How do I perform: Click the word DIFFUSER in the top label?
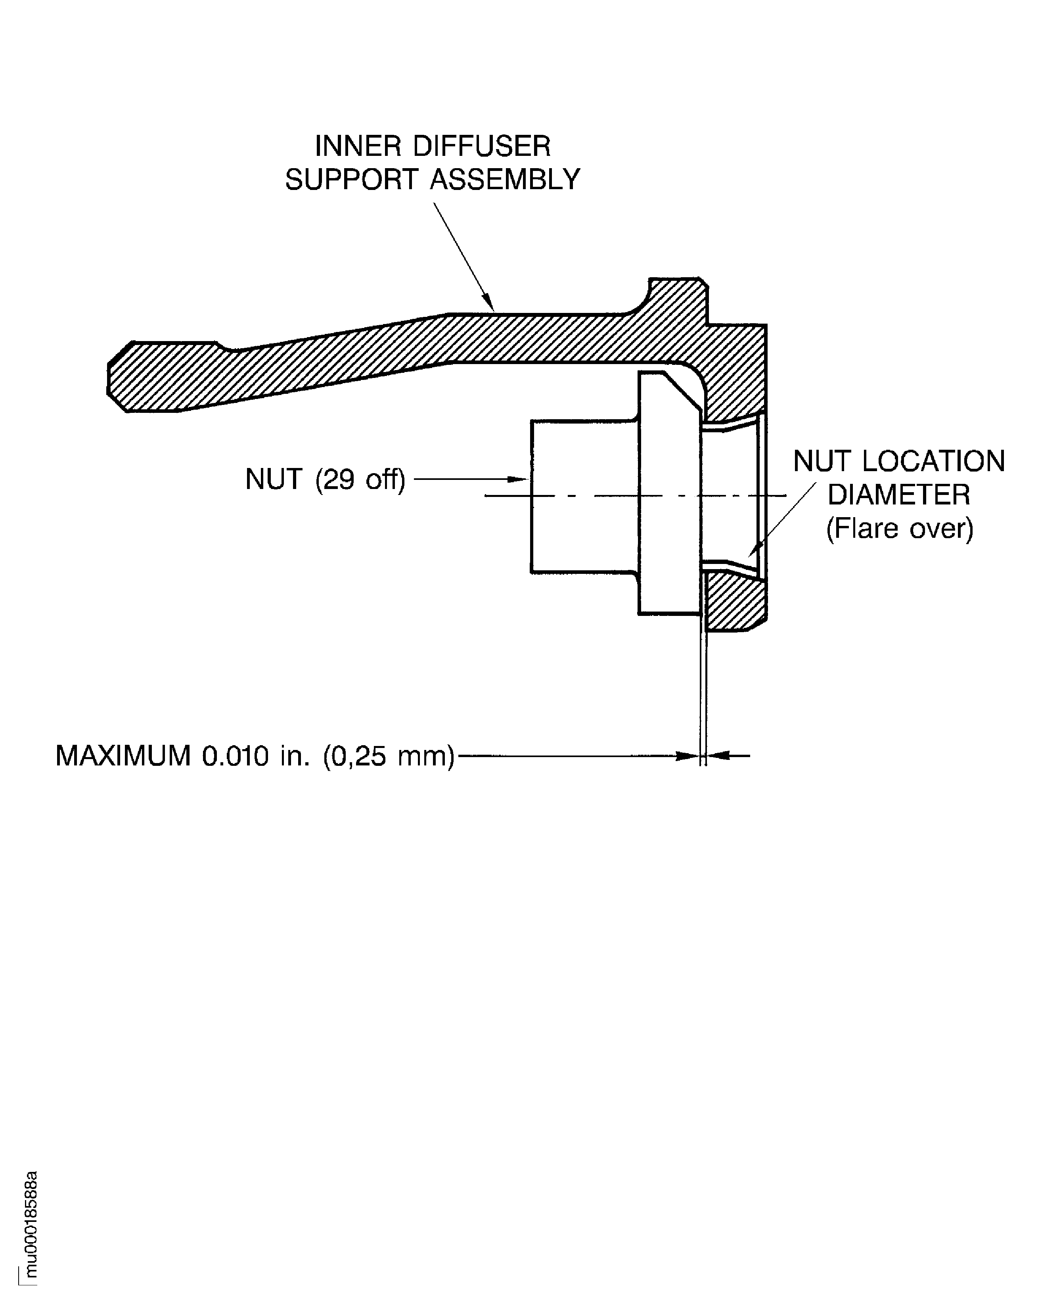click(482, 146)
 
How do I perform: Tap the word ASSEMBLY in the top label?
click(505, 180)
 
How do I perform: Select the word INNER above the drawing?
click(358, 146)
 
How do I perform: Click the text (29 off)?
click(360, 480)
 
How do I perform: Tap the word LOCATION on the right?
click(933, 462)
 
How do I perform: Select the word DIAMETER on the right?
click(898, 495)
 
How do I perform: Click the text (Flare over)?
click(899, 529)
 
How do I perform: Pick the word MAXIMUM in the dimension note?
click(123, 756)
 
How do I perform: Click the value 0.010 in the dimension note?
click(235, 756)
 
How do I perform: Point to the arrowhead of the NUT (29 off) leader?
click(518, 479)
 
